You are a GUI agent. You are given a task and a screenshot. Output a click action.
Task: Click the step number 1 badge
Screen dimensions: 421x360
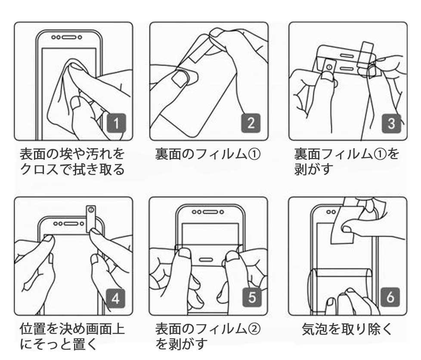click(x=116, y=123)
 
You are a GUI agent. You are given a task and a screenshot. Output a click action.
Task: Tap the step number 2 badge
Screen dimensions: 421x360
click(x=251, y=123)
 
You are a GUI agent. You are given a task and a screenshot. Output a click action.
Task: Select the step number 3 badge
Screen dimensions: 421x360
click(x=391, y=123)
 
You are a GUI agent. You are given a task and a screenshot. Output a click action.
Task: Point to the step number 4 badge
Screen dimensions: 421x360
click(x=115, y=298)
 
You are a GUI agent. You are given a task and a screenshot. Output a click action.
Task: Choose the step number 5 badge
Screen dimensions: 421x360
click(x=252, y=298)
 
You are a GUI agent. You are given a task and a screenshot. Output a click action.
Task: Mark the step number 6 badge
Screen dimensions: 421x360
click(x=390, y=297)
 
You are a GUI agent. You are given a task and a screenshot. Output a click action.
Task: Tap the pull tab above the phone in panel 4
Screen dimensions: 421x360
click(x=91, y=219)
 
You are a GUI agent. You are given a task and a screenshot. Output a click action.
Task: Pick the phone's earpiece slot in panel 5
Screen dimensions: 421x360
click(x=210, y=212)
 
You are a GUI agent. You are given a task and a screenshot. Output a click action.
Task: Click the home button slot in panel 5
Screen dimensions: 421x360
click(x=206, y=260)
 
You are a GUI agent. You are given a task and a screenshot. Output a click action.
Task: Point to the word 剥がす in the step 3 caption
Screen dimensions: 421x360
click(x=314, y=169)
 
